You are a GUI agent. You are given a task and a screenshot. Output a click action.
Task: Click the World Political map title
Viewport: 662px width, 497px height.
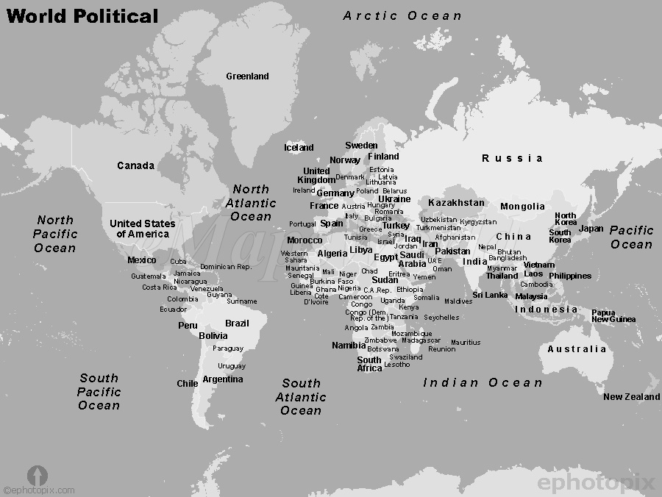pyautogui.click(x=82, y=16)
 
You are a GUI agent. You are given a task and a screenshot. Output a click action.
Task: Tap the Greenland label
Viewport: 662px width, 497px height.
pyautogui.click(x=247, y=76)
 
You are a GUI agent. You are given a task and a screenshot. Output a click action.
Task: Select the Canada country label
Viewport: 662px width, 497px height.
pyautogui.click(x=136, y=165)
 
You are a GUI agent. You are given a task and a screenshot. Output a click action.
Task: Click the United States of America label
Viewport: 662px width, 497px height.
pyautogui.click(x=143, y=229)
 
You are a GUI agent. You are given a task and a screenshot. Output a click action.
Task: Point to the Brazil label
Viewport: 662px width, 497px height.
pyautogui.click(x=237, y=323)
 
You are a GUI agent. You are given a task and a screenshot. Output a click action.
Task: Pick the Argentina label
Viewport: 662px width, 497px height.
pyautogui.click(x=223, y=379)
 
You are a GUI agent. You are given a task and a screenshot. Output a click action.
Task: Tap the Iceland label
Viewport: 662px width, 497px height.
pyautogui.click(x=299, y=148)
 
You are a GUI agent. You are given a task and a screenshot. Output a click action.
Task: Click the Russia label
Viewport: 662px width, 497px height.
pyautogui.click(x=513, y=158)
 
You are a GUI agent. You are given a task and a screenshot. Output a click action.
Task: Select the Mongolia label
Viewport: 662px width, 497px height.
pyautogui.click(x=522, y=207)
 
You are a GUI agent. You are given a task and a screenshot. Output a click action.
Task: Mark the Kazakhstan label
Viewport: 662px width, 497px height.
pyautogui.click(x=456, y=203)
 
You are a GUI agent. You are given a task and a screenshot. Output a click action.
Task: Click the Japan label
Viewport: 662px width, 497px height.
pyautogui.click(x=591, y=229)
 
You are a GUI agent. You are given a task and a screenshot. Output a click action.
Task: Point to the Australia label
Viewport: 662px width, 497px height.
pyautogui.click(x=577, y=349)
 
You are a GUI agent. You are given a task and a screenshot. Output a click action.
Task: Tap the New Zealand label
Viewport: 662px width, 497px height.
pyautogui.click(x=631, y=397)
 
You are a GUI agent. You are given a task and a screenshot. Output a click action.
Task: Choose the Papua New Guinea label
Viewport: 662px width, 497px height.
pyautogui.click(x=613, y=316)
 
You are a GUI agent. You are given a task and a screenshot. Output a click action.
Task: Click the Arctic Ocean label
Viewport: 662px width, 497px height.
pyautogui.click(x=402, y=15)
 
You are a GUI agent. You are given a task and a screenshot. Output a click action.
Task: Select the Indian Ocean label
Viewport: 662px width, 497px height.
pyautogui.click(x=483, y=382)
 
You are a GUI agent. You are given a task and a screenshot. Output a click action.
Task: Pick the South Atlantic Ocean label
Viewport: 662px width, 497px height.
pyautogui.click(x=301, y=396)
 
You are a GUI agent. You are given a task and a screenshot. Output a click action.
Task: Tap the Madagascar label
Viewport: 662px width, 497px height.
pyautogui.click(x=421, y=340)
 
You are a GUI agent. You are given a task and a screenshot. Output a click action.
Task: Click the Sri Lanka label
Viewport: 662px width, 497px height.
pyautogui.click(x=490, y=295)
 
